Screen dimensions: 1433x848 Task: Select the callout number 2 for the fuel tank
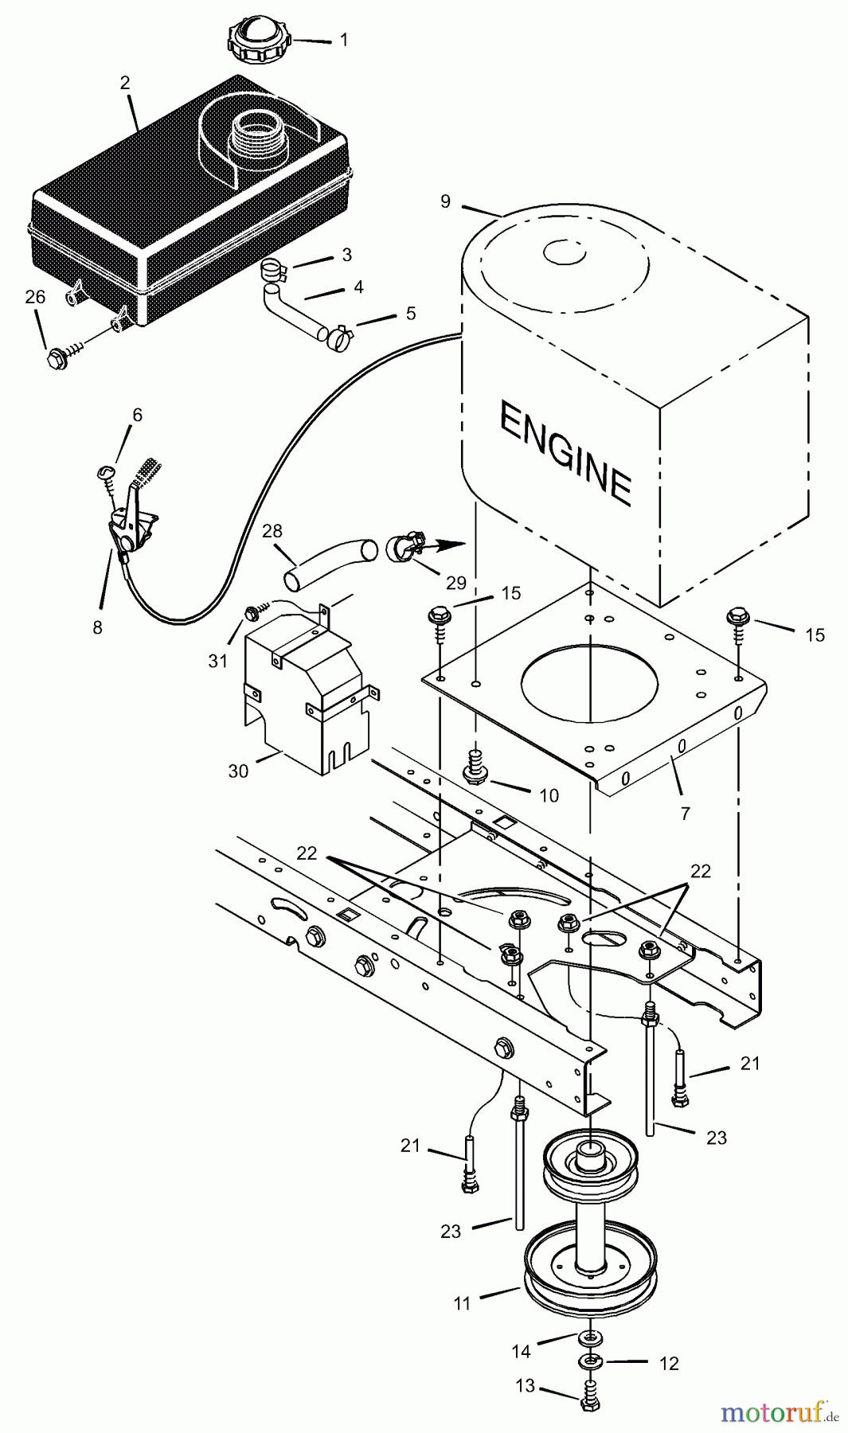(125, 82)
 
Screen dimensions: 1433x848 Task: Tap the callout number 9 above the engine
(446, 201)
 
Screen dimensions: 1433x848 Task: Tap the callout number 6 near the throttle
(137, 415)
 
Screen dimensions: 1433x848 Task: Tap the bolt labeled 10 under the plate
(475, 771)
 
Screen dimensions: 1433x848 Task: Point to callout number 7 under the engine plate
(686, 813)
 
